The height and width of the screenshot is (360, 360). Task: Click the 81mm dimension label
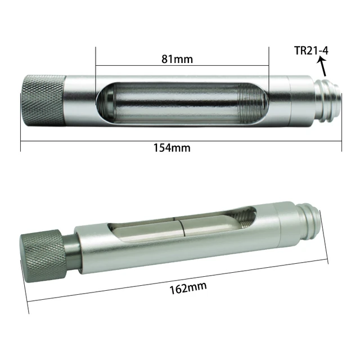coord(177,59)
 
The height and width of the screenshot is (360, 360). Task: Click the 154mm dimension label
coord(172,148)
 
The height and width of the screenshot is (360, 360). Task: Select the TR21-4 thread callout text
coord(311,51)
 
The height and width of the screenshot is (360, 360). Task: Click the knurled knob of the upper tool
coord(43,100)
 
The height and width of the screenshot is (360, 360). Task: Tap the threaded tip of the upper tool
coord(327,101)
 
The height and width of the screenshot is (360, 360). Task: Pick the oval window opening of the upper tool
coord(182,103)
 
